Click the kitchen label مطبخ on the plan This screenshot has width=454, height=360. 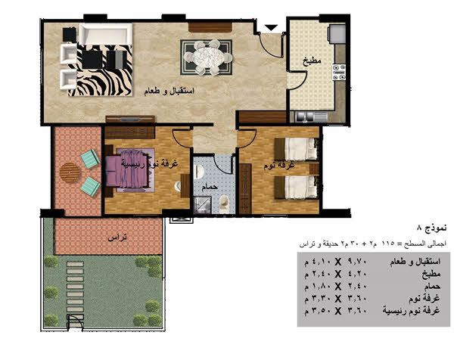point(312,61)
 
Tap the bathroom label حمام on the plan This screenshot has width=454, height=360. point(210,187)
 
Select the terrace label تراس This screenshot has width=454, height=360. point(117,238)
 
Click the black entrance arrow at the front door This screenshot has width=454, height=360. point(272,27)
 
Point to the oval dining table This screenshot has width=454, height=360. point(207,57)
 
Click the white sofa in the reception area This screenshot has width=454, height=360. point(106,34)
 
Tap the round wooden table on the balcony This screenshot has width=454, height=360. point(70,172)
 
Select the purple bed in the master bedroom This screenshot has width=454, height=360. point(129,170)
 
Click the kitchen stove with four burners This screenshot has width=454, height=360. point(339,72)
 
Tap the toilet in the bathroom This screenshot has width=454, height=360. point(224,203)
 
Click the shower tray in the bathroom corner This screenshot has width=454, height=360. point(202,205)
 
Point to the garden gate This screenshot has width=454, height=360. point(75,321)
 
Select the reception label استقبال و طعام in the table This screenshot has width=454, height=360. point(415,262)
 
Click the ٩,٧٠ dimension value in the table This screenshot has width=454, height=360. point(358,262)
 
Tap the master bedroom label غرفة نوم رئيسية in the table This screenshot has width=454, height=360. point(411,311)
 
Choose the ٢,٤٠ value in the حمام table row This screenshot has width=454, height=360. point(358,286)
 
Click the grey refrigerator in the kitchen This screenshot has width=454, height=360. point(337,34)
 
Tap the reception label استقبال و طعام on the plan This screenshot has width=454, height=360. point(169,92)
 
